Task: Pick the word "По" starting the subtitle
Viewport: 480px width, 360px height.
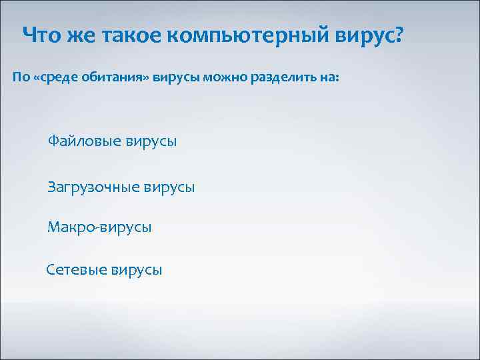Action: [x=21, y=79]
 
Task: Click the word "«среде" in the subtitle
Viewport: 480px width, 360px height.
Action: [x=58, y=79]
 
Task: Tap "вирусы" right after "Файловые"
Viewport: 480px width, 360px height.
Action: [x=151, y=141]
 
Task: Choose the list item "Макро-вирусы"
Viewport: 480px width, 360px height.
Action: [x=99, y=228]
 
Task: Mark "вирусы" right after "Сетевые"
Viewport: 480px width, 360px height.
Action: [x=137, y=270]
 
